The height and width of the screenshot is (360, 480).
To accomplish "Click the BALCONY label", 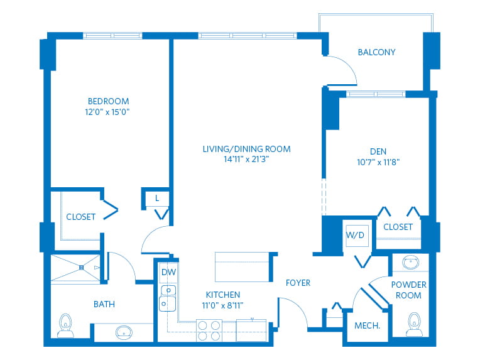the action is coord(376,52).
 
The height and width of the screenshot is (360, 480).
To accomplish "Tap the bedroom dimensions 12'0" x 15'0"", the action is coord(107,112).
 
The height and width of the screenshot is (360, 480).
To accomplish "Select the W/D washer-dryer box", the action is coord(357,236).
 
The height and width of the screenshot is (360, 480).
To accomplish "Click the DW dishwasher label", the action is coord(168,272).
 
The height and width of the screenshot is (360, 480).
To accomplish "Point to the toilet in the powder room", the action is coord(414,324).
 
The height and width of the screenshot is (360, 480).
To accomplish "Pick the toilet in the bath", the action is coord(65,325).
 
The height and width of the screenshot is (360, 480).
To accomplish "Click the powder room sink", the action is coord(410,262).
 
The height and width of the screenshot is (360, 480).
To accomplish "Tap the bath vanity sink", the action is coord(124,332).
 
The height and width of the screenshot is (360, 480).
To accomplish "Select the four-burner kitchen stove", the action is coord(209,330).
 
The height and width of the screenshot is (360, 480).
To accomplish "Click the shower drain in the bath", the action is coord(82,268).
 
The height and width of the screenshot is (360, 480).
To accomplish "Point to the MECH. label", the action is coord(367,325).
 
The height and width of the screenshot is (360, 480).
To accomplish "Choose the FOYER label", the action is coord(298,283).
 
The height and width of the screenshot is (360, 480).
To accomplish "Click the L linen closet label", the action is coord(157,198).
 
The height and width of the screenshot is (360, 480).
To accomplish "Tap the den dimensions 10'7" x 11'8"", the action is coord(378,162).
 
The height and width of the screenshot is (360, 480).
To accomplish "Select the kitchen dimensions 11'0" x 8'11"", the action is coord(222,305).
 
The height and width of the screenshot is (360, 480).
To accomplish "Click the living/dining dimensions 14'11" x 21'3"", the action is coord(246,159).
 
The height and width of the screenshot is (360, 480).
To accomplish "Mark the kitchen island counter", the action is coord(242,267).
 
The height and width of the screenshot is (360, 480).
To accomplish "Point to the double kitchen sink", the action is coord(168,298).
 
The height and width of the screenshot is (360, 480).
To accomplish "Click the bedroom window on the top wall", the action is coord(112,36).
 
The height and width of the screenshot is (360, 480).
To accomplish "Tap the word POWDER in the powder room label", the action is coord(408,285).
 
